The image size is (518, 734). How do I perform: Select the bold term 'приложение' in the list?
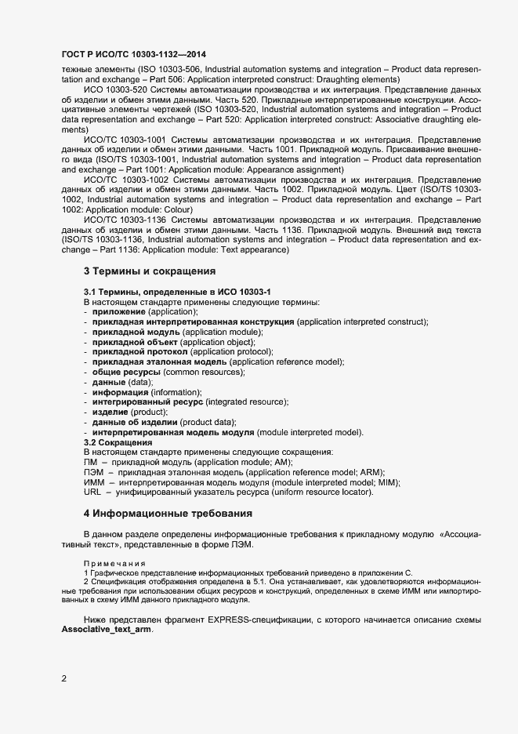119,311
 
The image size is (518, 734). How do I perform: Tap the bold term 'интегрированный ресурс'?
147,402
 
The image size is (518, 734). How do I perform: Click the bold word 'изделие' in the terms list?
110,412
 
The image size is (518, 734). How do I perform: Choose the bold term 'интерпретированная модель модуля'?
172,433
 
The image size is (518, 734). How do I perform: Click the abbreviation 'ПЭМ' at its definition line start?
94,473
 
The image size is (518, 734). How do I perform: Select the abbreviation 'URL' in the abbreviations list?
92,492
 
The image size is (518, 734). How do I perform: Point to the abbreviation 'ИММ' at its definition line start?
94,483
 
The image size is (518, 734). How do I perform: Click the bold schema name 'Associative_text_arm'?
105,630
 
